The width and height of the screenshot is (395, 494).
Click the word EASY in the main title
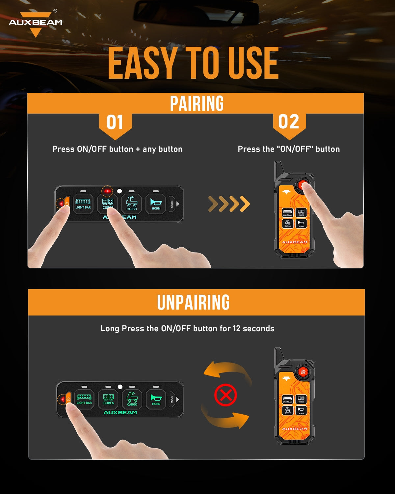pyautogui.click(x=142, y=63)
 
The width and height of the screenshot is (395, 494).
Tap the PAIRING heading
pyautogui.click(x=197, y=103)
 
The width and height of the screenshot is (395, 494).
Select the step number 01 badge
pyautogui.click(x=115, y=123)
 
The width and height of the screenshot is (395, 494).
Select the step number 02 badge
pyautogui.click(x=289, y=122)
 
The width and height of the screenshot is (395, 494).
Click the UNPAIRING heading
pyautogui.click(x=193, y=302)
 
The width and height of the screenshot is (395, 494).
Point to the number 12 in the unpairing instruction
pyautogui.click(x=237, y=329)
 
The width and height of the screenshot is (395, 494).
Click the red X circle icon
pyautogui.click(x=225, y=395)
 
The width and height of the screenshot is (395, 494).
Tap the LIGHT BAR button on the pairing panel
pyautogui.click(x=83, y=204)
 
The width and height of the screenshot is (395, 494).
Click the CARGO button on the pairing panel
pyautogui.click(x=132, y=204)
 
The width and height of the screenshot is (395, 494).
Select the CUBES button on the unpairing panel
pyautogui.click(x=109, y=399)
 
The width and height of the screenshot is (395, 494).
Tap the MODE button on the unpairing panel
pyautogui.click(x=171, y=399)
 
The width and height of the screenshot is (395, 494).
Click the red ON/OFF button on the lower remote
pyautogui.click(x=303, y=372)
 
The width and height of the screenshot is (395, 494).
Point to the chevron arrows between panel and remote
pyautogui.click(x=229, y=204)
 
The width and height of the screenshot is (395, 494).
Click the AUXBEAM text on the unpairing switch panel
pyautogui.click(x=120, y=413)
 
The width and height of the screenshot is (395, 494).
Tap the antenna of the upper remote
pyautogui.click(x=278, y=168)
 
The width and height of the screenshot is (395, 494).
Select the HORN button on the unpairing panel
pyautogui.click(x=156, y=399)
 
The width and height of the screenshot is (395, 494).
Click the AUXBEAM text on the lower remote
pyautogui.click(x=295, y=429)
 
